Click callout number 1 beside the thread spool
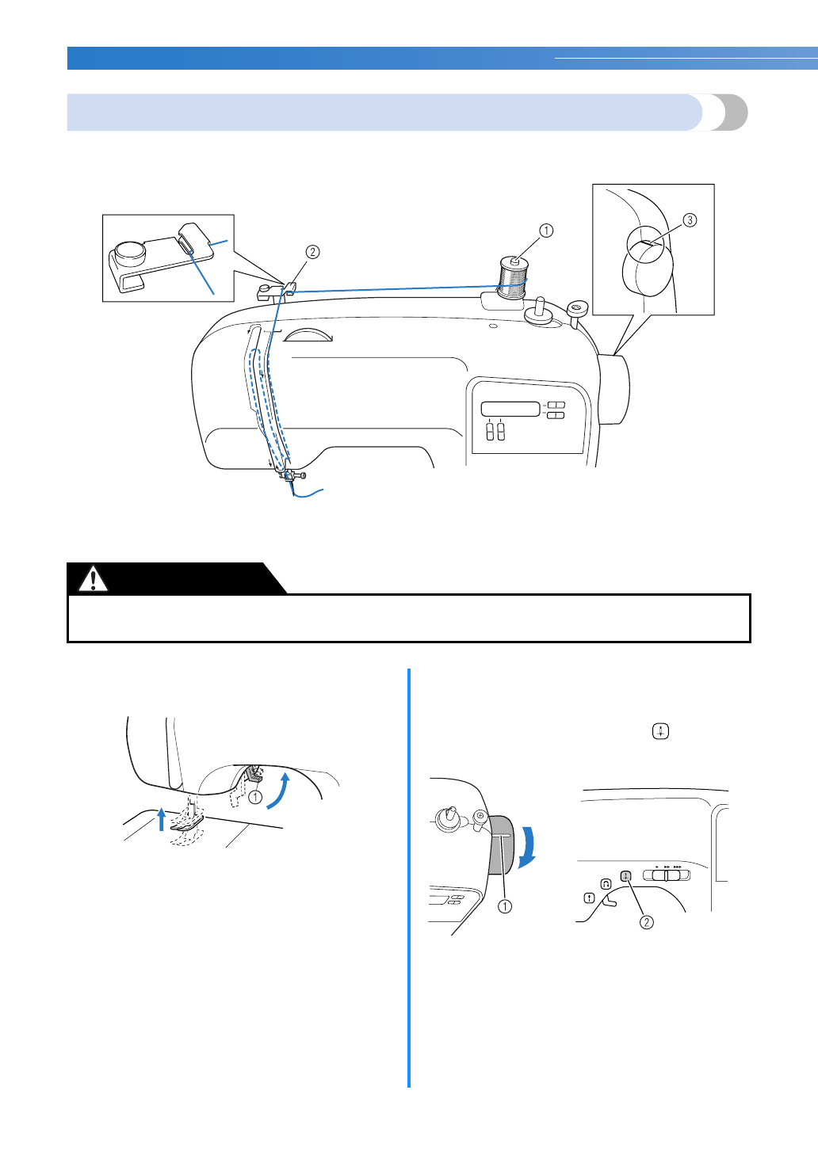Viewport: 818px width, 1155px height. coord(545,231)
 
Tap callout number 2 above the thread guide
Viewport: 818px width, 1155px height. coord(313,252)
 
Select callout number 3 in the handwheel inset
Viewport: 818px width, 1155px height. coord(690,220)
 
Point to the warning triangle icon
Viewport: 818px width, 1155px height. coord(94,580)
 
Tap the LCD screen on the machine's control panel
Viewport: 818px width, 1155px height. coord(510,410)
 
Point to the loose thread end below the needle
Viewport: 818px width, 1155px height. coord(310,495)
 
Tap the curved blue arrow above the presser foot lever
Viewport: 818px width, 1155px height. coord(278,793)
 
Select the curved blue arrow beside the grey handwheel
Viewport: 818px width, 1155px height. coord(527,847)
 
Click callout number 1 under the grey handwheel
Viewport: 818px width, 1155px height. coord(504,906)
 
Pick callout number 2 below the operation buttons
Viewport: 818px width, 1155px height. coord(647,922)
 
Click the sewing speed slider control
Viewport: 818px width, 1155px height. coord(667,875)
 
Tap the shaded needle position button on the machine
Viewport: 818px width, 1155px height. coord(625,876)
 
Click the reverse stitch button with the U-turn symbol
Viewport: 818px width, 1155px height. coord(606,883)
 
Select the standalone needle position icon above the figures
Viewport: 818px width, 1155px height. coord(660,731)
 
